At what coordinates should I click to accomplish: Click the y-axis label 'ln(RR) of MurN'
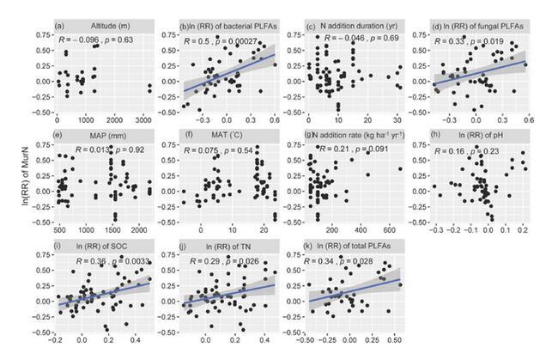(x=10, y=180)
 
